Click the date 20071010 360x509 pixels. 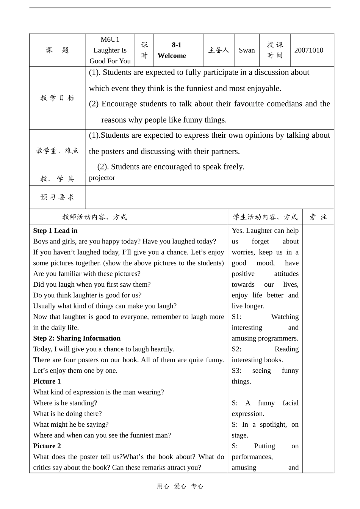click(x=308, y=50)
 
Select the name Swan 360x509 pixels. click(x=247, y=50)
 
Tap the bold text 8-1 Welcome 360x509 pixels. click(x=172, y=50)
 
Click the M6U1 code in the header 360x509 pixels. click(x=110, y=39)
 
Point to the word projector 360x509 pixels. click(x=102, y=178)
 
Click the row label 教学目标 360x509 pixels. click(x=58, y=98)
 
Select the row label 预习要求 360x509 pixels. click(x=58, y=197)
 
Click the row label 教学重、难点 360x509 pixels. click(x=58, y=151)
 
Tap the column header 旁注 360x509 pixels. click(x=318, y=217)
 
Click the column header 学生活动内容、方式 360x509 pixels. click(x=265, y=217)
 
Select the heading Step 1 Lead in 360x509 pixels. click(x=55, y=231)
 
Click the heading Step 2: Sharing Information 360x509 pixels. click(x=77, y=338)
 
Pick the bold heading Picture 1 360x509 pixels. click(x=47, y=381)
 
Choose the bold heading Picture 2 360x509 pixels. click(x=47, y=446)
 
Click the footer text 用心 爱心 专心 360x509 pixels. click(x=180, y=486)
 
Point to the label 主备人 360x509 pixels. click(x=219, y=50)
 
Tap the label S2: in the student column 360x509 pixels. click(x=236, y=349)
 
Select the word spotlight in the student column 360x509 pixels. click(x=273, y=424)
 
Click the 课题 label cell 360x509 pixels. click(x=58, y=50)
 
